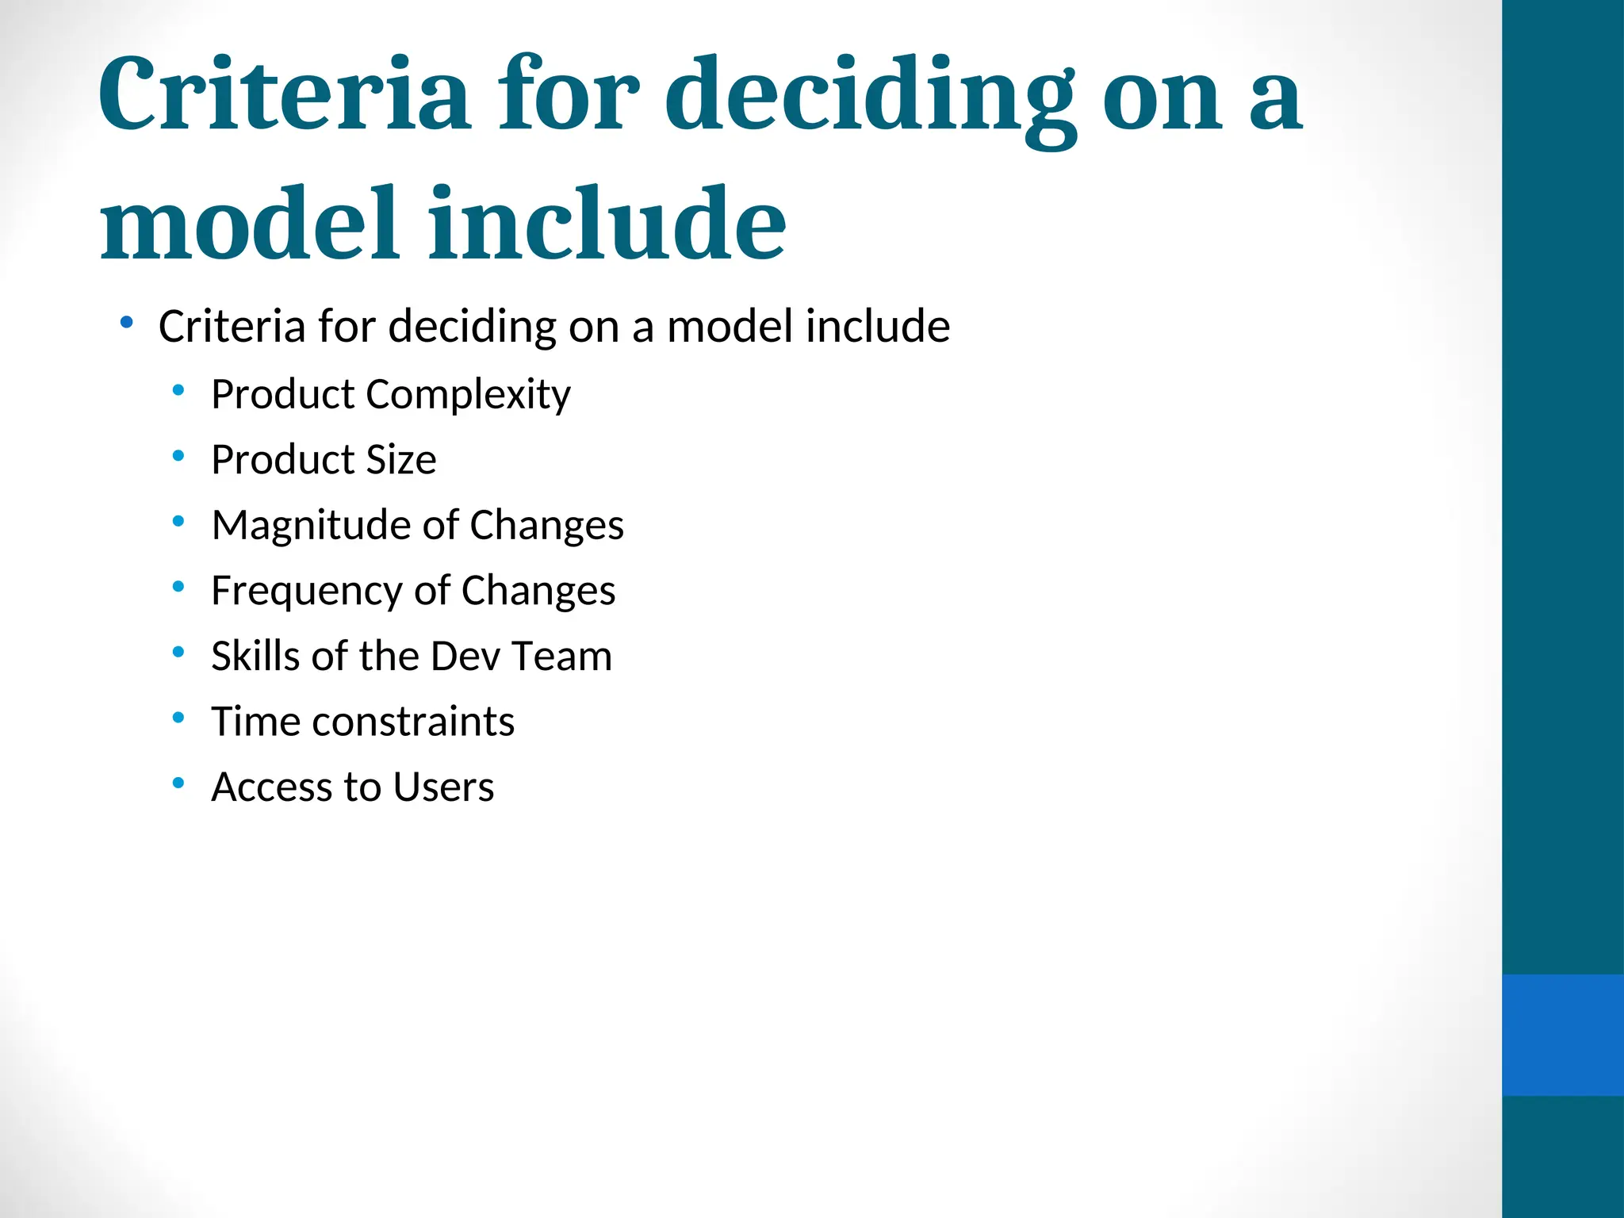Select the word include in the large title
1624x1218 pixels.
coord(607,224)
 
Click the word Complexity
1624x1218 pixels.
coord(468,395)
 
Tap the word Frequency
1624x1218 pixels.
coord(307,592)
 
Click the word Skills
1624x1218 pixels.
coord(255,657)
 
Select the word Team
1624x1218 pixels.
coord(561,657)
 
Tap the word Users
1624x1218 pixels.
coord(443,787)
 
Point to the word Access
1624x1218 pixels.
coord(272,787)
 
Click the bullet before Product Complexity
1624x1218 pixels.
coord(178,390)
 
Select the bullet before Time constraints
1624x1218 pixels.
coord(178,718)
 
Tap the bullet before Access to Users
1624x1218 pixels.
coord(178,783)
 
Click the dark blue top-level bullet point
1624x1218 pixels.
coord(126,322)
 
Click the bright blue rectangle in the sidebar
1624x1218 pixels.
coord(1562,1035)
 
